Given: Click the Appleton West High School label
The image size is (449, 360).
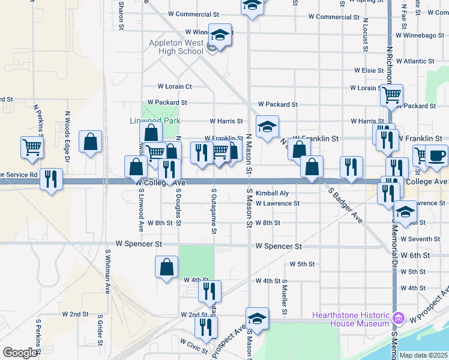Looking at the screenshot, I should pyautogui.click(x=176, y=47).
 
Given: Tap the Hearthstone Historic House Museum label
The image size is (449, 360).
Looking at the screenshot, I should pyautogui.click(x=351, y=319).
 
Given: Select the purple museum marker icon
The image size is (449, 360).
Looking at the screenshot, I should pyautogui.click(x=397, y=318).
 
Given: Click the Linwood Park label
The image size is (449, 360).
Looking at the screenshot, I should pyautogui.click(x=155, y=121).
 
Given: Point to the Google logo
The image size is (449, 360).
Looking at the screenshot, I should pyautogui.click(x=19, y=353).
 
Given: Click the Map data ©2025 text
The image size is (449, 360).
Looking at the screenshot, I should pyautogui.click(x=424, y=355).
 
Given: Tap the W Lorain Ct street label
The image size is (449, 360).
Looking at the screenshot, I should pyautogui.click(x=175, y=86).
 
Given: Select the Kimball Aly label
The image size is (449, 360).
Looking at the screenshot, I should pyautogui.click(x=272, y=193).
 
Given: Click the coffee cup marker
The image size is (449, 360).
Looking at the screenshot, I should pyautogui.click(x=436, y=155).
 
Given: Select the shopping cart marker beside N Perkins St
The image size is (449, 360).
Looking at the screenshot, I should pyautogui.click(x=32, y=147).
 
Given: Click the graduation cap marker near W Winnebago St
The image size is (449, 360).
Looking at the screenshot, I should pyautogui.click(x=221, y=36).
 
